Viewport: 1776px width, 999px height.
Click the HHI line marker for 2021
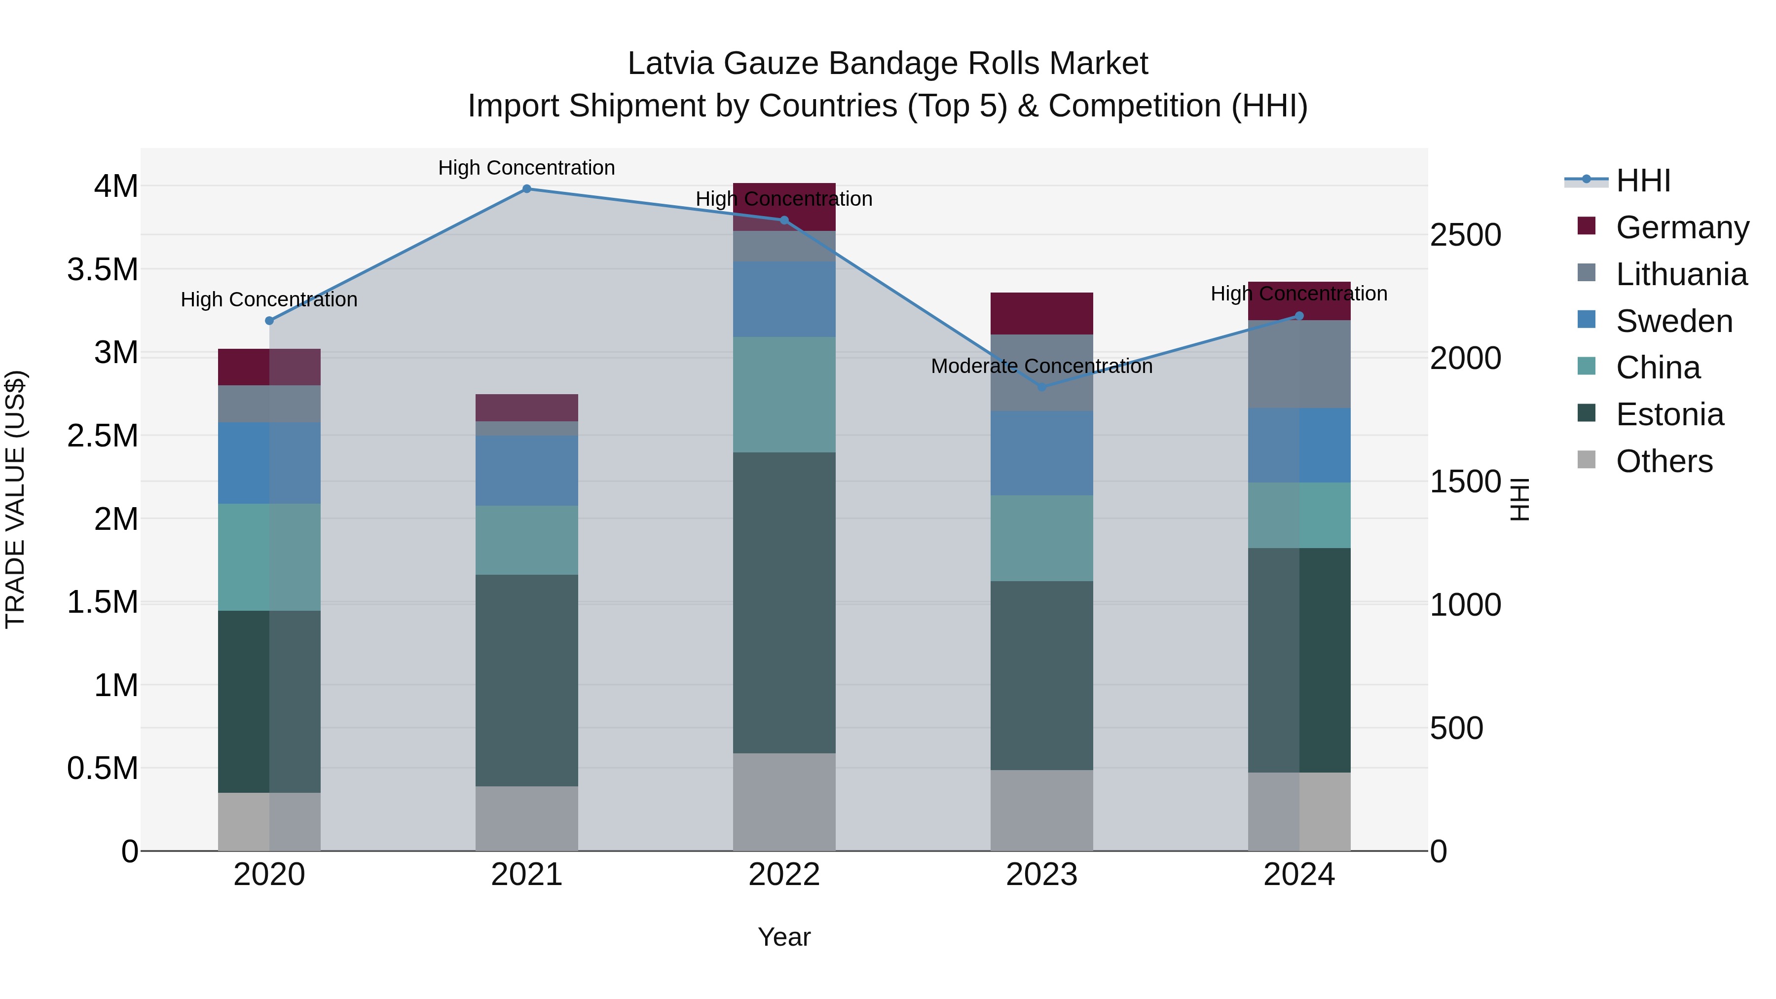click(527, 189)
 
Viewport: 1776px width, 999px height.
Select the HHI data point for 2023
click(1042, 387)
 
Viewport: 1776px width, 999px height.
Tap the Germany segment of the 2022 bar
click(784, 207)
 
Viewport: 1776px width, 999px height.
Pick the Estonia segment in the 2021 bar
click(527, 680)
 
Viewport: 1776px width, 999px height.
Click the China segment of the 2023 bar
click(1042, 538)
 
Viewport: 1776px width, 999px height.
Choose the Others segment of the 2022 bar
click(784, 802)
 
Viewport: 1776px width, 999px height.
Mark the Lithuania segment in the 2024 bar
click(1299, 364)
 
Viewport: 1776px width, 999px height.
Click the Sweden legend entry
click(1674, 321)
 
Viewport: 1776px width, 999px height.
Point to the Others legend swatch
click(1587, 460)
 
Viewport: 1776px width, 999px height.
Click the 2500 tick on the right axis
click(1465, 235)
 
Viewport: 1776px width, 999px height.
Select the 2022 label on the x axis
click(784, 875)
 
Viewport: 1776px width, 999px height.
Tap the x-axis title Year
click(784, 937)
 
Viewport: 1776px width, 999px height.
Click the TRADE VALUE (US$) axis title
click(16, 499)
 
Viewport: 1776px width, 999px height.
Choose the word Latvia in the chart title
click(670, 64)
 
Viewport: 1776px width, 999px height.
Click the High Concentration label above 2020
click(269, 300)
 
